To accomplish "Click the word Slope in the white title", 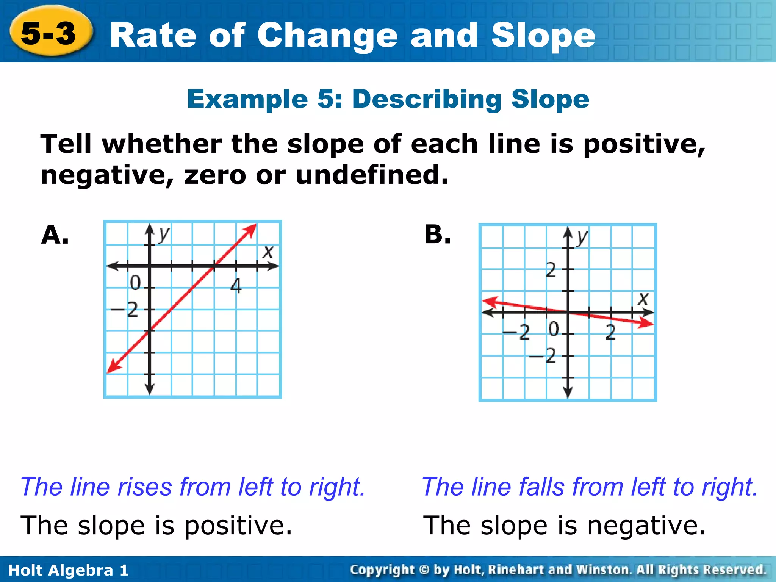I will [x=543, y=36].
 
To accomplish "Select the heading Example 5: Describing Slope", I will [x=388, y=99].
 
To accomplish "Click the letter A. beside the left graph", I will [x=55, y=235].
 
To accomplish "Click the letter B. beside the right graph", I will [x=438, y=235].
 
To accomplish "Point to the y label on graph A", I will [x=164, y=234].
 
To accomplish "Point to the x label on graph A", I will [x=268, y=251].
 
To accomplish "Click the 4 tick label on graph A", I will [x=236, y=286].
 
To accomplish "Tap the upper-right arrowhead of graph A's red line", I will [x=252, y=229].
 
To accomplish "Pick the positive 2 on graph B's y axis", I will [x=551, y=270].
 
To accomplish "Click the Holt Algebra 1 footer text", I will [x=68, y=570].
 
